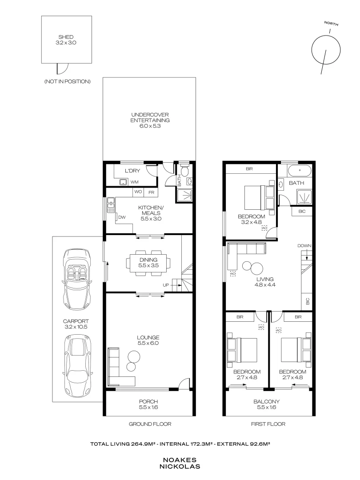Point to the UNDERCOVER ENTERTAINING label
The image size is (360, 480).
click(150, 120)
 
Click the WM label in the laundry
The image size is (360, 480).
click(134, 182)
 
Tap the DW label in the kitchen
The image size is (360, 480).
click(122, 217)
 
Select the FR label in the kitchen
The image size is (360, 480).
click(151, 192)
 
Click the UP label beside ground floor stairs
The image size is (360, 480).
click(166, 285)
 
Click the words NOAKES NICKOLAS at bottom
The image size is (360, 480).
click(180, 464)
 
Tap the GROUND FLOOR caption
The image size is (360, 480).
click(150, 424)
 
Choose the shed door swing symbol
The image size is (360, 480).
click(62, 68)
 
